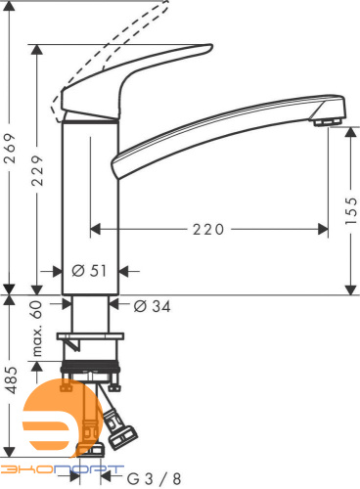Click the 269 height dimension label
tap(10, 148)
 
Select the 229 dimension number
tap(37, 170)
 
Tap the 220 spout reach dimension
tap(208, 229)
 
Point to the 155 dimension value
tap(351, 210)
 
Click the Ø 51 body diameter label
tap(89, 271)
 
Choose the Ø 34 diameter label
tap(152, 306)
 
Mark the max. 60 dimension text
tap(37, 329)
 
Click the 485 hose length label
tap(11, 379)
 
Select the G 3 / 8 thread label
tap(154, 478)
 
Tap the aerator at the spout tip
tap(328, 122)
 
